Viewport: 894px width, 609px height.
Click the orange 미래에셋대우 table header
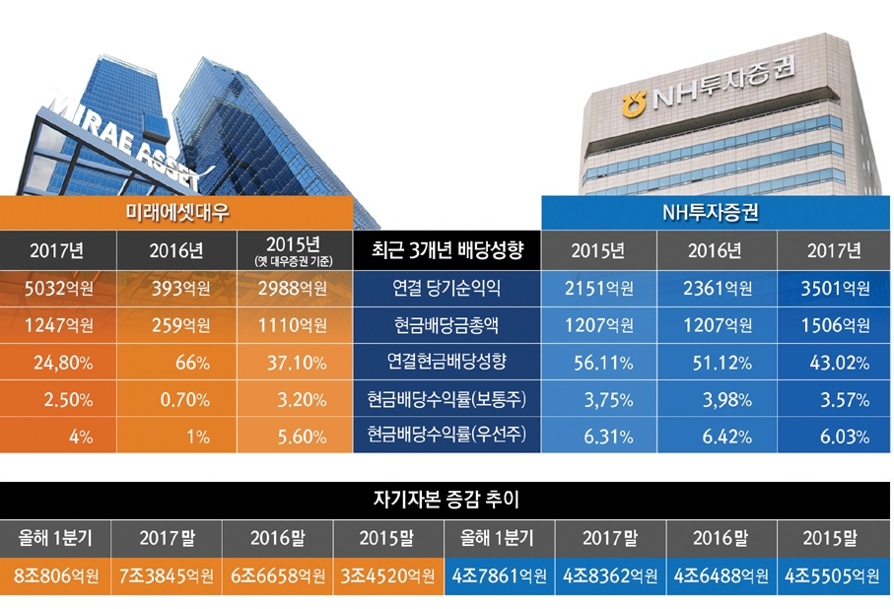177,213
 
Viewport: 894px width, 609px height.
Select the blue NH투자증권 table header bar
717,213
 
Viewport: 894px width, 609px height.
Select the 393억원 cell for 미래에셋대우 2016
176,289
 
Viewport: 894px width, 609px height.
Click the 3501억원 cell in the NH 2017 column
834,289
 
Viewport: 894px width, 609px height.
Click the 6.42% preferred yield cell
717,435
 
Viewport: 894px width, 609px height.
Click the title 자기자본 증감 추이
447,500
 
